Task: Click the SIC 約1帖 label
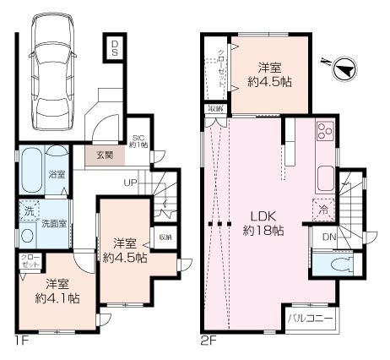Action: [139, 142]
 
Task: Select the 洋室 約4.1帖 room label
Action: [57, 291]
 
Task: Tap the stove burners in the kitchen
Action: [324, 134]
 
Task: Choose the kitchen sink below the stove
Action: [325, 178]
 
